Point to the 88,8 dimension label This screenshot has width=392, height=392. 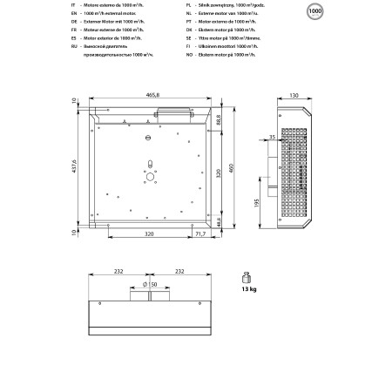point(218,118)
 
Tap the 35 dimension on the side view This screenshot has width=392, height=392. point(272,137)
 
